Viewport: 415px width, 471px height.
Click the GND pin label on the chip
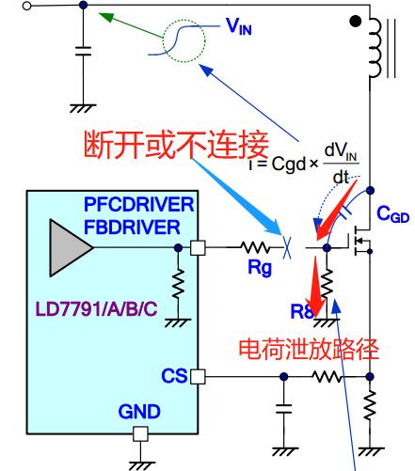click(x=138, y=413)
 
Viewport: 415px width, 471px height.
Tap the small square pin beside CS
click(x=197, y=377)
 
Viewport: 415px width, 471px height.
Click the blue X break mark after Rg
click(x=288, y=248)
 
